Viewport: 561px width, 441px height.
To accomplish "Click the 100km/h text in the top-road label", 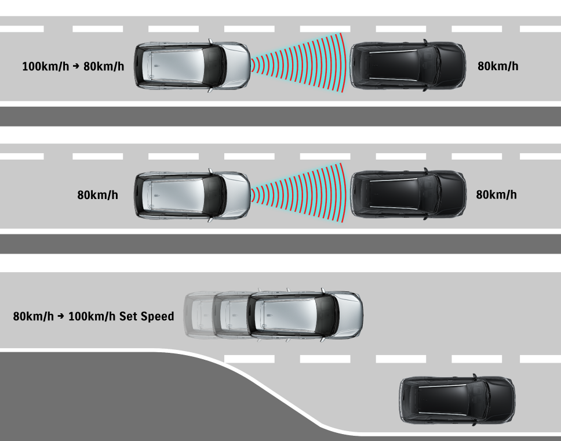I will tap(45, 66).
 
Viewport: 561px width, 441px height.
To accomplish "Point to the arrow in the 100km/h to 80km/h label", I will tap(75, 66).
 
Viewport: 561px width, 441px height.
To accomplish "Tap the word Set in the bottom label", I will tap(129, 316).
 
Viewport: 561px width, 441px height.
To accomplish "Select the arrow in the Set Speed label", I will tap(61, 317).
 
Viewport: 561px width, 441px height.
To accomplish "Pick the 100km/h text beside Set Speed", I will tap(92, 316).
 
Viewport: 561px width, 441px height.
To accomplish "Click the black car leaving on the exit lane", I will tap(457, 400).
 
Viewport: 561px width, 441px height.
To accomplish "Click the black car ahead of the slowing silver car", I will tap(408, 65).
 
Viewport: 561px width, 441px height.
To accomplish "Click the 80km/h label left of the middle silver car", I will tap(97, 195).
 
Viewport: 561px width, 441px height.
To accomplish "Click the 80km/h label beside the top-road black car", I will tap(498, 66).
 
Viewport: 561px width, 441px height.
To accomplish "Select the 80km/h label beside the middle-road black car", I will tap(496, 195).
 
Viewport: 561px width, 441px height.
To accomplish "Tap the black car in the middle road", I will tap(408, 194).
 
